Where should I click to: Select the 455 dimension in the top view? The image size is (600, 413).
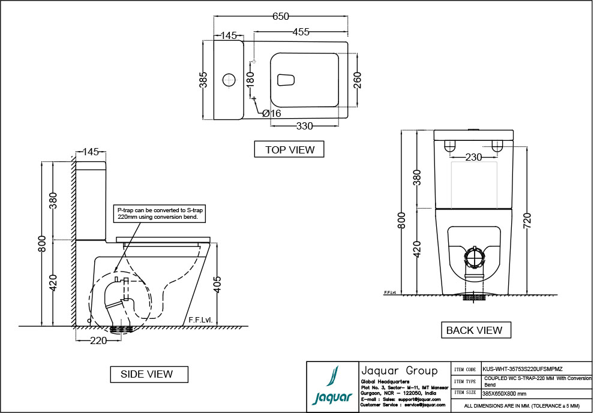coord(305,32)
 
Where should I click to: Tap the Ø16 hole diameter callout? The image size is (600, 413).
coord(271,113)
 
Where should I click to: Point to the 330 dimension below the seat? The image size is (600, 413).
coord(305,126)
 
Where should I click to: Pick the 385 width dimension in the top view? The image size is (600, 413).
coord(203,80)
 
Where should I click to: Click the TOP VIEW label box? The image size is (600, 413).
coord(289,149)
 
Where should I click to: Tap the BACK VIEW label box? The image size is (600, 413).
coord(474,330)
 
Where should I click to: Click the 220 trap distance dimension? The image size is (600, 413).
coord(98,340)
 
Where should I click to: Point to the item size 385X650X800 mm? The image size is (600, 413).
coord(504,394)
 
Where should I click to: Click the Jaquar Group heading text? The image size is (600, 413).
coord(398,370)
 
